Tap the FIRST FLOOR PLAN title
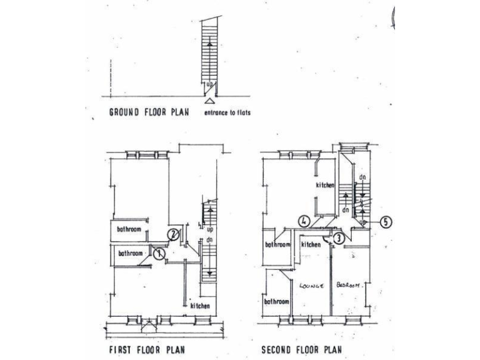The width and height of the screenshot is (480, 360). (144, 350)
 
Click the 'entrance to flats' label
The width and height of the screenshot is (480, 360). (231, 114)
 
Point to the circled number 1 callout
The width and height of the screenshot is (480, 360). (159, 253)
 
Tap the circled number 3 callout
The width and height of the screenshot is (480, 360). (338, 237)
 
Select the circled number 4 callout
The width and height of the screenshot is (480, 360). (304, 221)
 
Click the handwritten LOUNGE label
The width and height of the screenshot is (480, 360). (311, 286)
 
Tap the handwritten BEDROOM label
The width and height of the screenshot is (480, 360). (348, 285)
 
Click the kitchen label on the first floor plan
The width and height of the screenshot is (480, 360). (200, 306)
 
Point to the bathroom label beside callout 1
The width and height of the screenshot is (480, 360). (131, 254)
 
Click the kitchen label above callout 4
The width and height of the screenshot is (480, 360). (325, 186)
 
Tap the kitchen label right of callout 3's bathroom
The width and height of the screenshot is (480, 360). (311, 245)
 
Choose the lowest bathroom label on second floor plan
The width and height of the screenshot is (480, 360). (276, 302)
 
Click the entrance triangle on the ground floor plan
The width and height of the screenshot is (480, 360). (211, 101)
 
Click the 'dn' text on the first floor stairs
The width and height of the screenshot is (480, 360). (209, 239)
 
